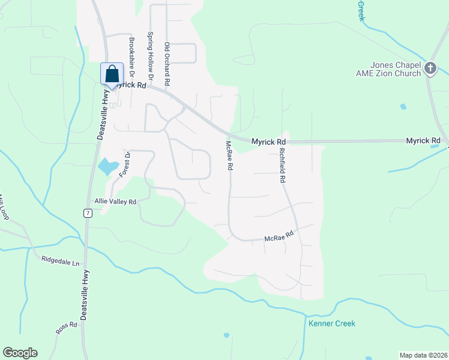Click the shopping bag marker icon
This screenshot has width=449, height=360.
(112, 74)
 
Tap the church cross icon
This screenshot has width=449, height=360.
(430, 68)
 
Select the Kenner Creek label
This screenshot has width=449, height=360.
(332, 323)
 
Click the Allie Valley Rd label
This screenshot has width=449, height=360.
(115, 202)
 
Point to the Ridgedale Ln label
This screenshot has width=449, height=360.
(60, 262)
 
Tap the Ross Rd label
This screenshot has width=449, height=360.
(67, 328)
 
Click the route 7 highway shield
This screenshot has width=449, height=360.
(88, 213)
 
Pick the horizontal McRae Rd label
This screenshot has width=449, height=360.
(279, 237)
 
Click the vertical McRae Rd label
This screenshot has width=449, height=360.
(229, 156)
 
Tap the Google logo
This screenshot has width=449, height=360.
(20, 353)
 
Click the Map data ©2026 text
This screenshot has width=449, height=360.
(423, 355)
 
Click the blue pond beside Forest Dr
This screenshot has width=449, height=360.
(107, 166)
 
